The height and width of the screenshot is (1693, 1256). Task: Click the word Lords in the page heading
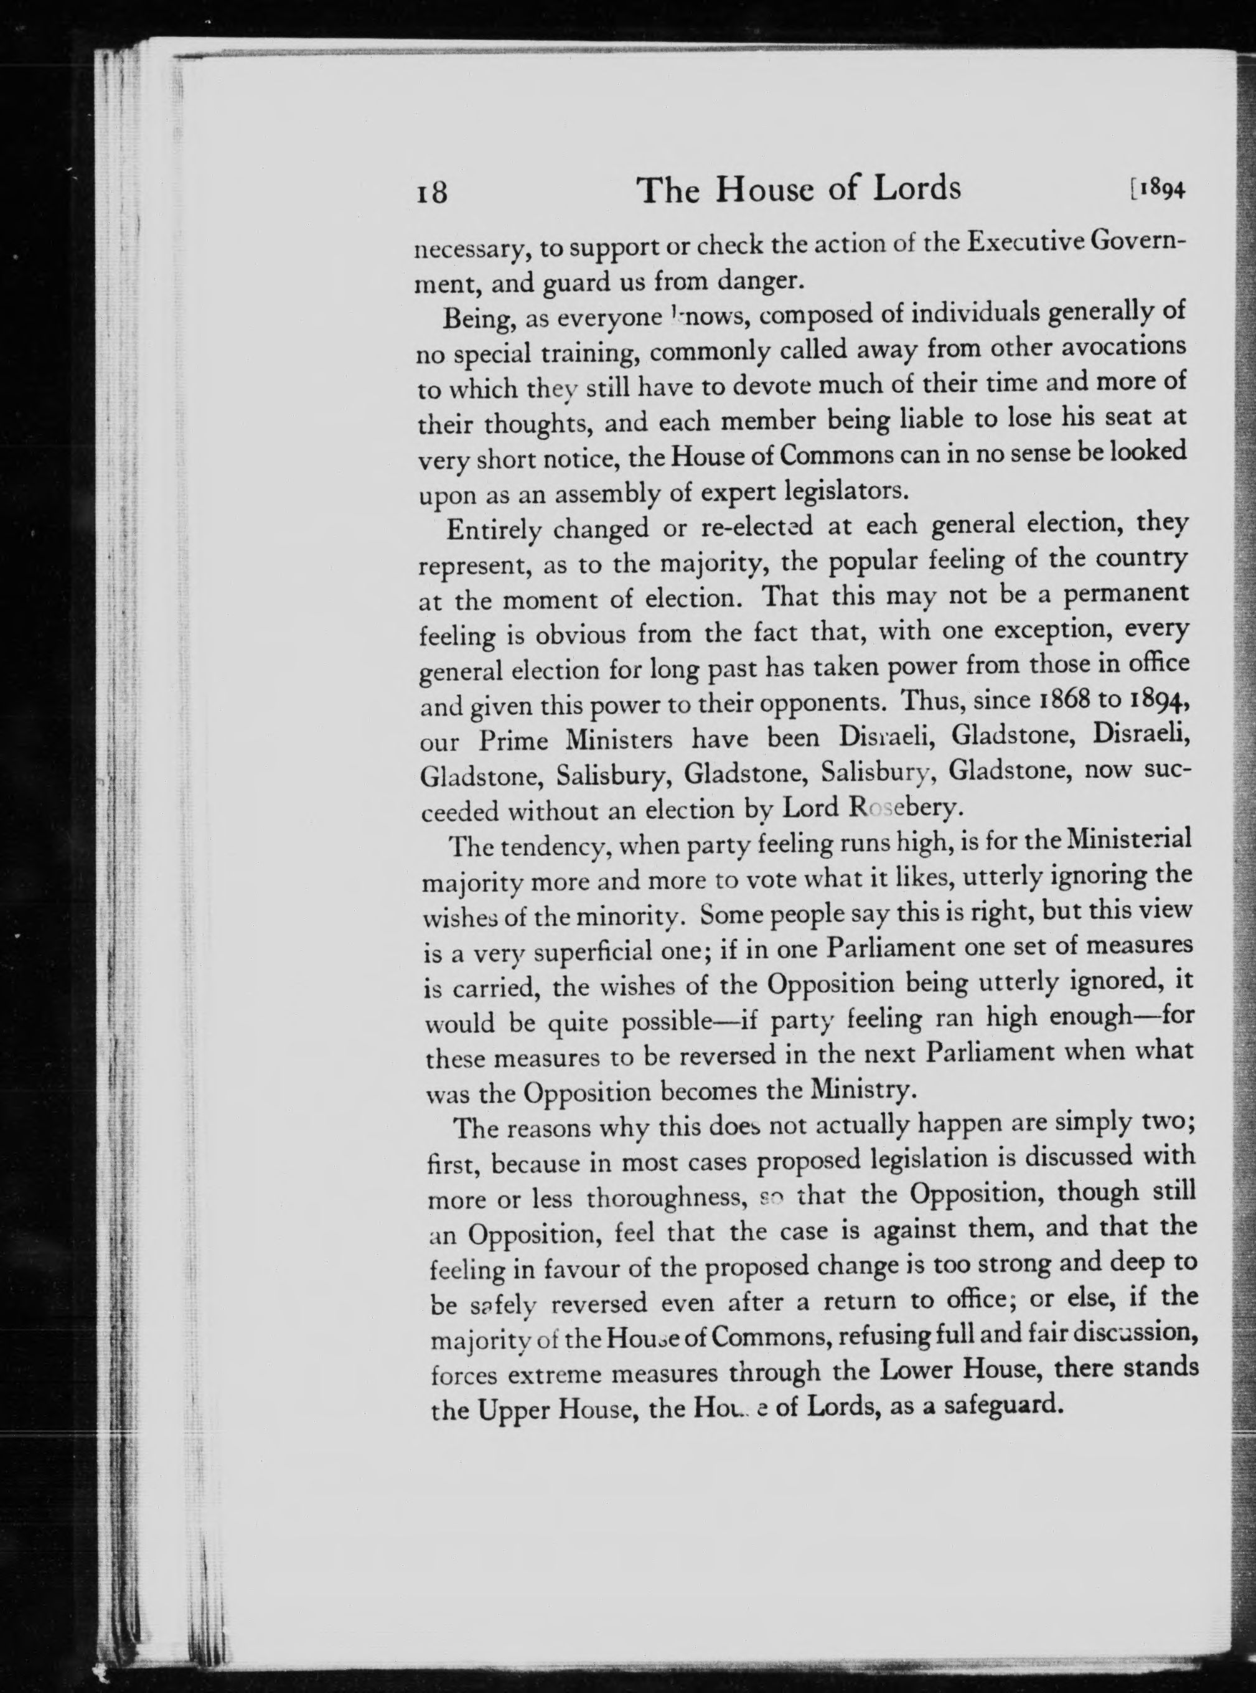[x=916, y=188]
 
